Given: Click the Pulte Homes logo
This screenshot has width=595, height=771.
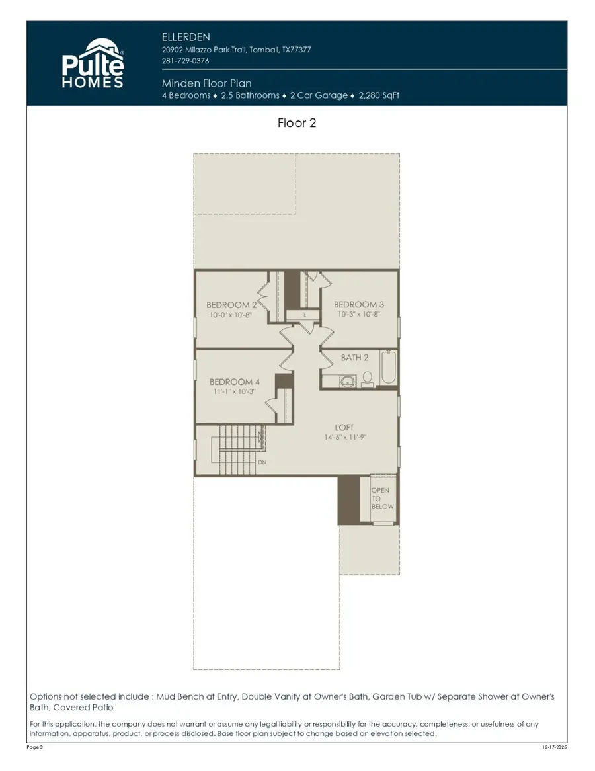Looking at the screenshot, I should (x=93, y=64).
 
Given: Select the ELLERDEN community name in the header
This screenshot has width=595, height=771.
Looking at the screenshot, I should (x=186, y=36).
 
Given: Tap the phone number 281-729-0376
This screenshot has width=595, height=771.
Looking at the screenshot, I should (x=186, y=61).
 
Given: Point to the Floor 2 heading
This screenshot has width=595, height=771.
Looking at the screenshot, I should (x=297, y=123).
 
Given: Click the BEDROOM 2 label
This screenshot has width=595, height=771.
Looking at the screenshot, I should (x=231, y=305).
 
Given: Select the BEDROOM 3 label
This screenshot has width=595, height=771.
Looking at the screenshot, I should (x=359, y=305).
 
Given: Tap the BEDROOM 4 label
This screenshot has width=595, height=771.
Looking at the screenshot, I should (x=235, y=382).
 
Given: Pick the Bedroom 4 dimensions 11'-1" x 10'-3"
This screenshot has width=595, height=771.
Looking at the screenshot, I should (x=235, y=391).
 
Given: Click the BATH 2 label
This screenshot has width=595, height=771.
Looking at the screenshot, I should (x=355, y=358).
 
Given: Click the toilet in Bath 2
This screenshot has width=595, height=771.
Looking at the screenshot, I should (x=368, y=379).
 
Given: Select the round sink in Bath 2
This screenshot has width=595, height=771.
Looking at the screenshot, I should (x=348, y=381).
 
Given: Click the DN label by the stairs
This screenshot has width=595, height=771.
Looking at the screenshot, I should (x=262, y=462).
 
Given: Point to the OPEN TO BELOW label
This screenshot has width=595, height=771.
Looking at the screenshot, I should (x=381, y=499).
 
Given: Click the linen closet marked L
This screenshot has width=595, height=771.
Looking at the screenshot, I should (x=304, y=315).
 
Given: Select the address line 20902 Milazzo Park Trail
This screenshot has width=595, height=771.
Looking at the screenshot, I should (x=237, y=50).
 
